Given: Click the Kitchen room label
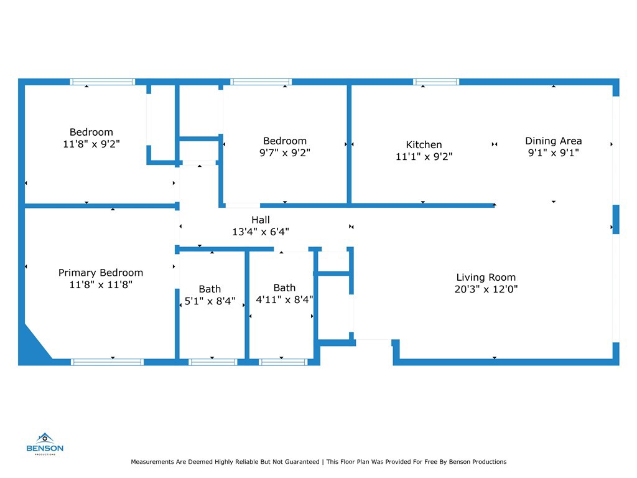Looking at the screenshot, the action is [x=424, y=144].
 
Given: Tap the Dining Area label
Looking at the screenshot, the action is [x=553, y=141].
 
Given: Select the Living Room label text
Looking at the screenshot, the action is [x=486, y=277].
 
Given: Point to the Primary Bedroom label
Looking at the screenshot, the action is [x=101, y=273].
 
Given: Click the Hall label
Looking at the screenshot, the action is [x=261, y=220].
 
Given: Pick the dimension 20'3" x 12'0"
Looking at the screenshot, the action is [x=486, y=289].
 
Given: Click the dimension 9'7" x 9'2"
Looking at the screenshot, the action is [x=285, y=153].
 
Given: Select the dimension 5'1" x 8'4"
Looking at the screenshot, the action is [x=210, y=301].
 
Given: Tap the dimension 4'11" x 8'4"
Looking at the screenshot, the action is [x=284, y=299].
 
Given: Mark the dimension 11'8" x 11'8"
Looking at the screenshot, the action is [x=101, y=284].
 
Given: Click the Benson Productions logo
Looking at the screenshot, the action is [x=45, y=444].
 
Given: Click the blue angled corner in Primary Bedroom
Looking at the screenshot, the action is [x=32, y=345].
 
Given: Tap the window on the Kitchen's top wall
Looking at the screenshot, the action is [x=436, y=82].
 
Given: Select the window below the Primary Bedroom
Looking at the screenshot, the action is [x=107, y=362].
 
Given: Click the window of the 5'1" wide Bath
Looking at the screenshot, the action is [x=213, y=362].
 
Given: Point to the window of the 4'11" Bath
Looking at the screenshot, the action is [x=283, y=362].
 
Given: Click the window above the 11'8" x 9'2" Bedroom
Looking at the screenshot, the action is [x=103, y=82].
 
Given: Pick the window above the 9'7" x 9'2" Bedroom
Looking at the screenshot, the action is [x=261, y=82].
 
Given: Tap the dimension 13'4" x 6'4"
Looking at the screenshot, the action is [x=261, y=232].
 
